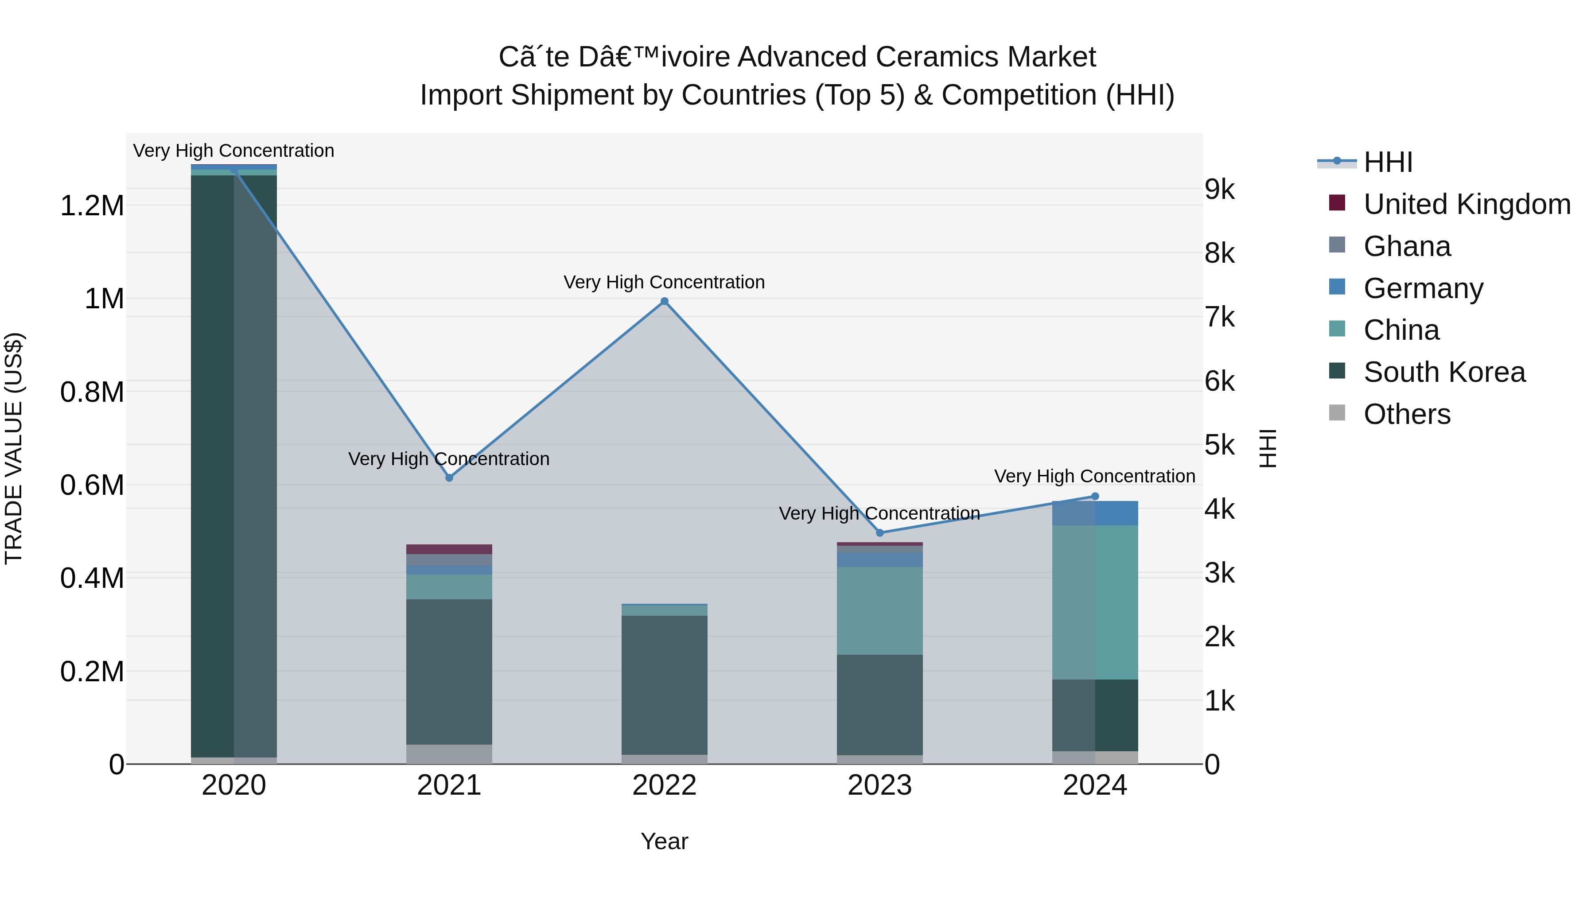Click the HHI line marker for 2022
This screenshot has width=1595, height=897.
pos(665,302)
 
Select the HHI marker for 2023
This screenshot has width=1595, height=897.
pos(880,532)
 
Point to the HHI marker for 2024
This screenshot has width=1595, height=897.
pos(1095,496)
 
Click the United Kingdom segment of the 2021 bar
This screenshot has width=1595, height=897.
pos(449,549)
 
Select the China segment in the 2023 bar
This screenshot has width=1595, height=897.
pos(880,610)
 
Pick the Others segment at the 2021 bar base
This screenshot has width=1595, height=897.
pos(449,753)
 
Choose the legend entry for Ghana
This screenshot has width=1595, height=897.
pos(1407,246)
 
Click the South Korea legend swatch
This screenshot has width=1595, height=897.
pos(1337,372)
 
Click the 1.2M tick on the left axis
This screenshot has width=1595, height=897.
pos(92,206)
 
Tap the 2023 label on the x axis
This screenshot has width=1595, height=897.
pos(880,785)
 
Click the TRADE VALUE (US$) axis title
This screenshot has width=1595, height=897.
pos(14,448)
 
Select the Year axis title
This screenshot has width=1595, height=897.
pos(665,841)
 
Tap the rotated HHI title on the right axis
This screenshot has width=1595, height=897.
pos(1268,448)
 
